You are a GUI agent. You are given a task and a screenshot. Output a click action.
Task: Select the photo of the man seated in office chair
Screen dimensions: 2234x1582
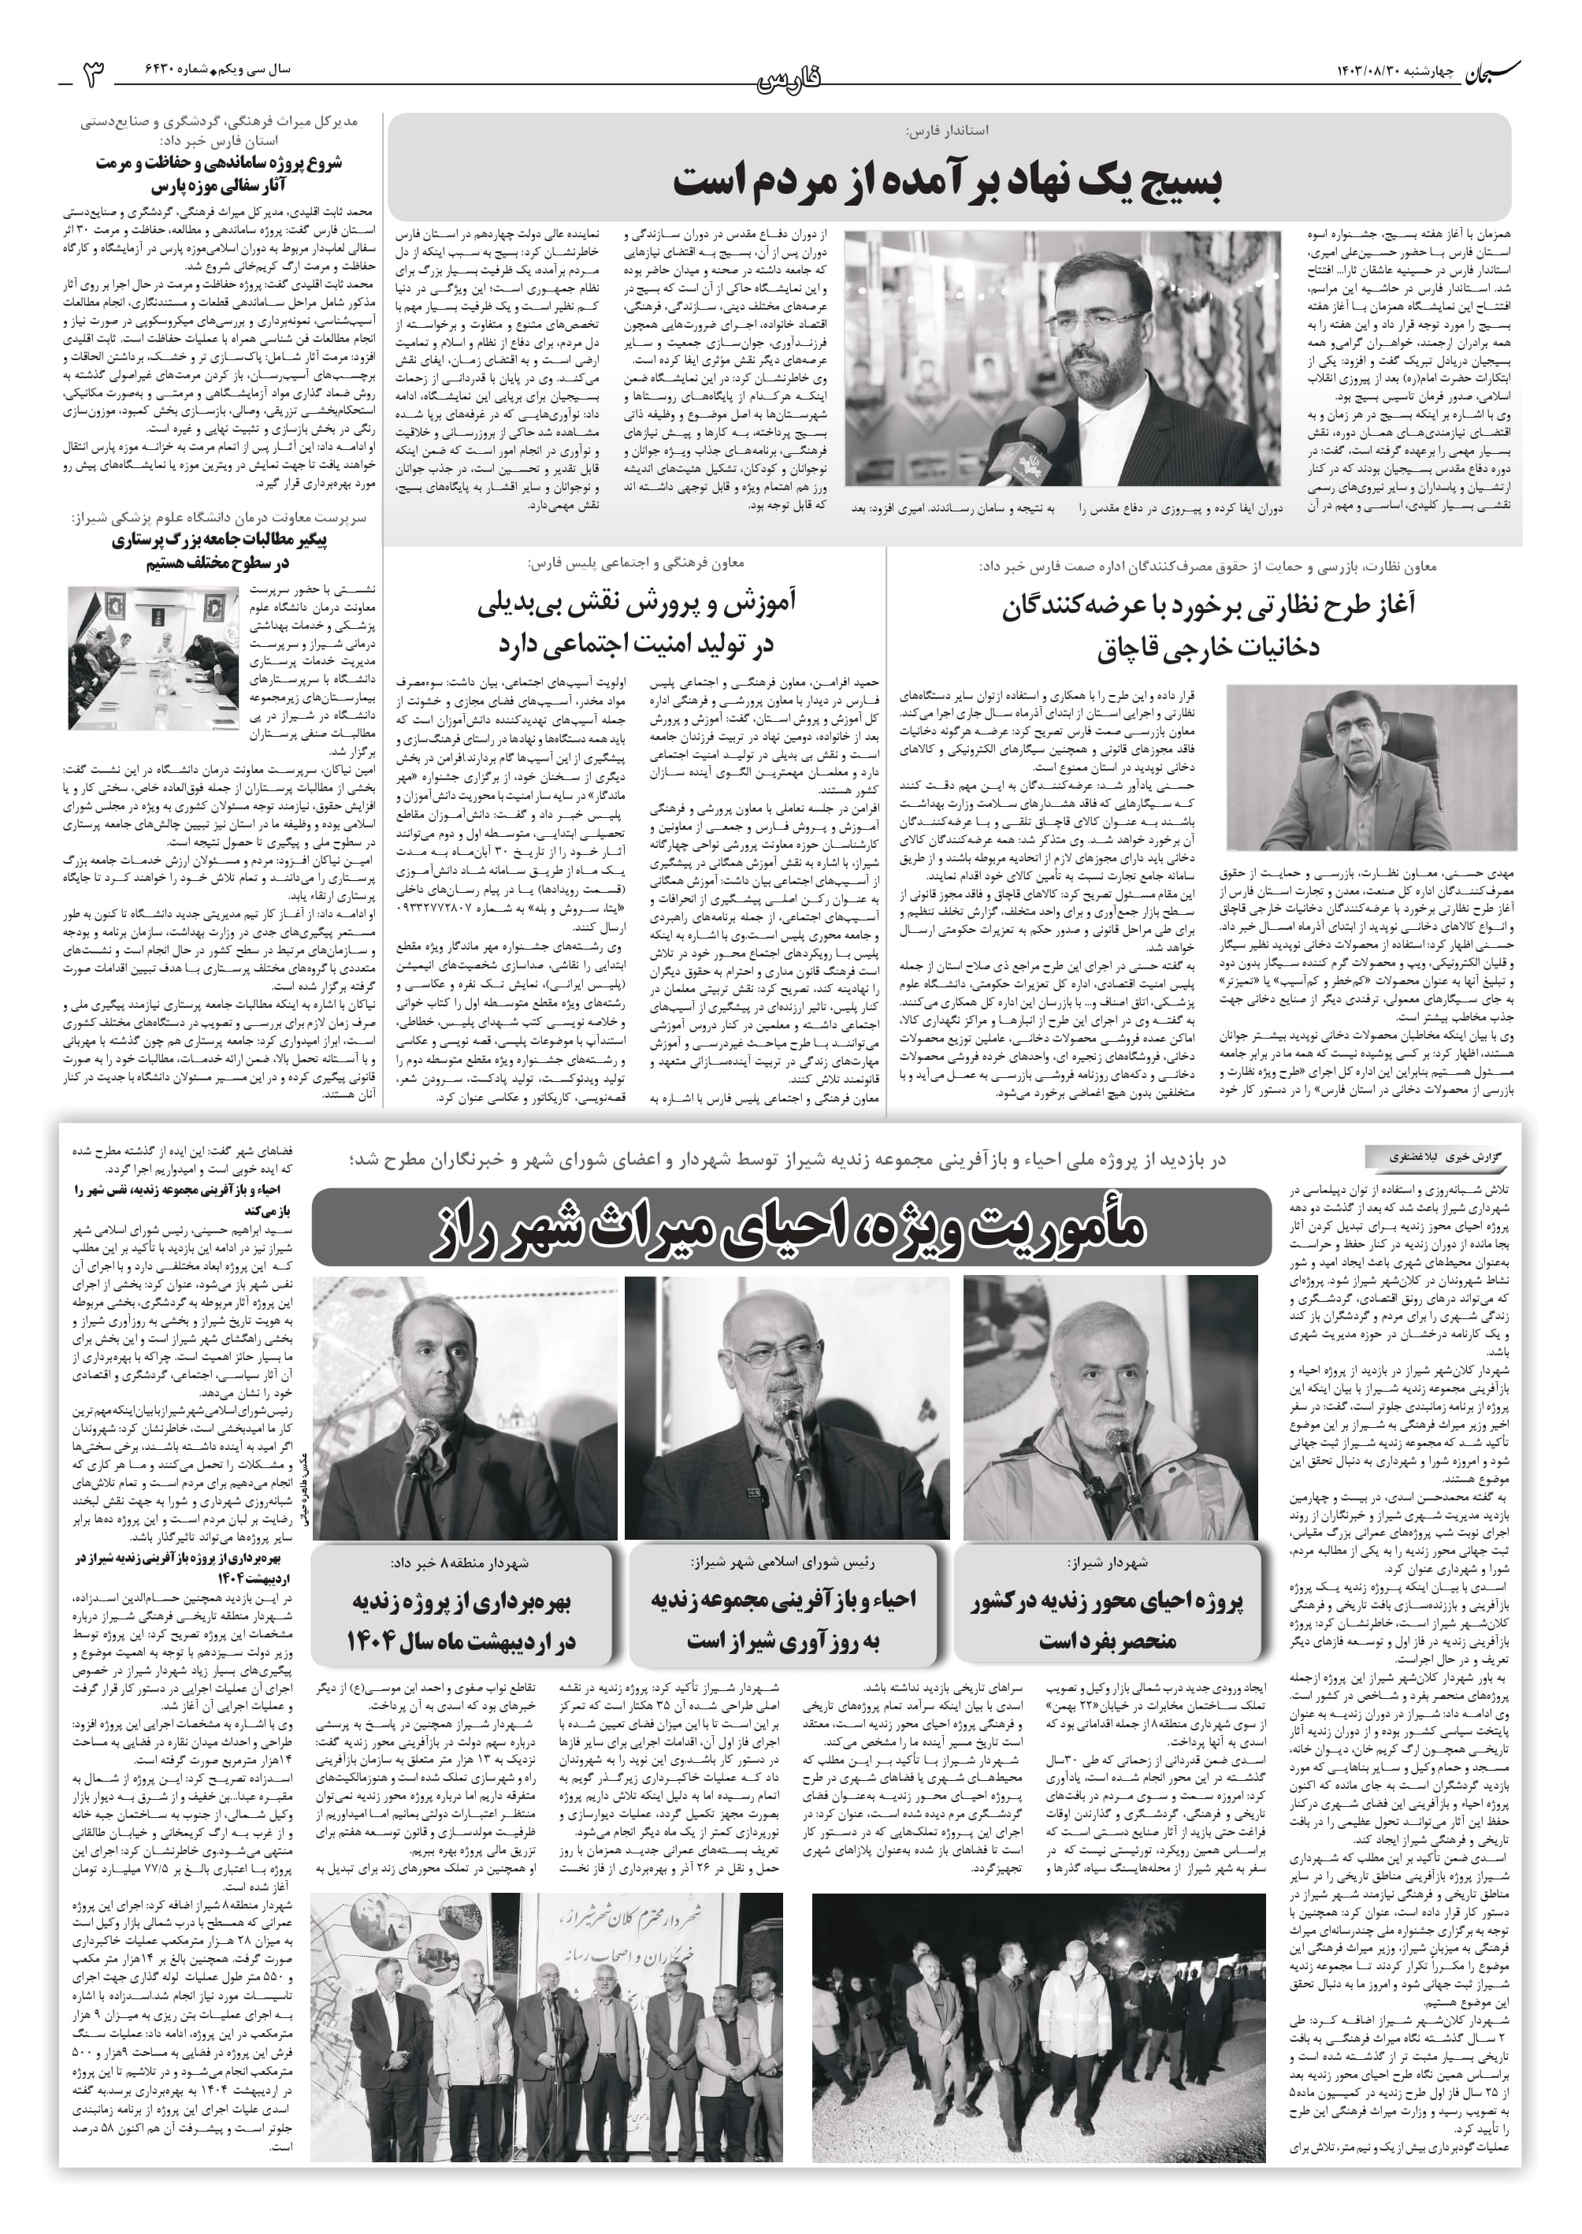[x=1371, y=768]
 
